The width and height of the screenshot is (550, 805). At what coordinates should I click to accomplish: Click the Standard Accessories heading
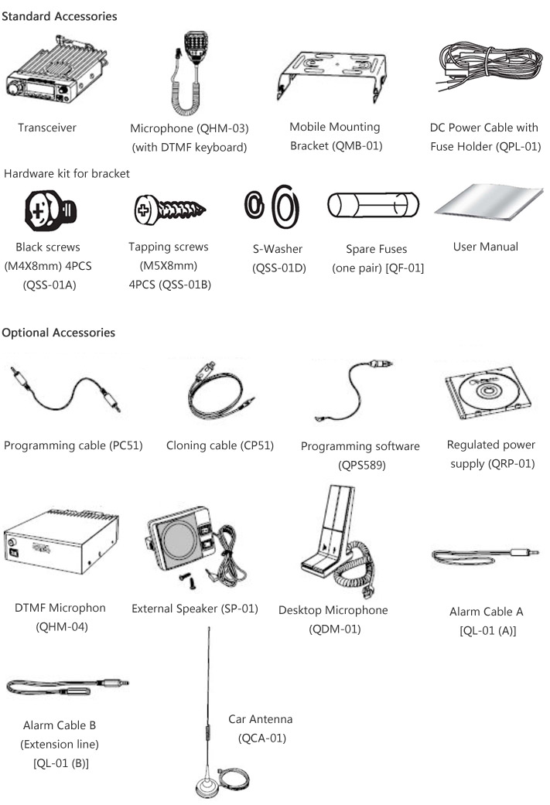click(x=60, y=16)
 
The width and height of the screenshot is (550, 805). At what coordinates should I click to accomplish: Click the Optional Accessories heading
click(x=59, y=333)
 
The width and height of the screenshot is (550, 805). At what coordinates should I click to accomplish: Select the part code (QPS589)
click(x=360, y=465)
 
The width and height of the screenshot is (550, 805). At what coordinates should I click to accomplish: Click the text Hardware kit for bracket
click(x=67, y=173)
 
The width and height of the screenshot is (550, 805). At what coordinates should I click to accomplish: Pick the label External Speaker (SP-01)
click(x=195, y=608)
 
